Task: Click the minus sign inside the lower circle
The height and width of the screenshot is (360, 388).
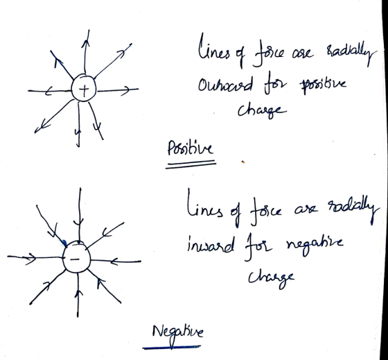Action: click(75, 259)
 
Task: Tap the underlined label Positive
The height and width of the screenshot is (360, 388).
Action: click(190, 148)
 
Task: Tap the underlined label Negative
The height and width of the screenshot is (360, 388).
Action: click(177, 333)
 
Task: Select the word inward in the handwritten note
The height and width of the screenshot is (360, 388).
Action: click(211, 246)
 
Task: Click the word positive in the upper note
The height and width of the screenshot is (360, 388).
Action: click(323, 85)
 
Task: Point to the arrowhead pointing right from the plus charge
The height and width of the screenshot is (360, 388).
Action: click(125, 90)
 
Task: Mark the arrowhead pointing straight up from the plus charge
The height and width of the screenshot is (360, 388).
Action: click(86, 44)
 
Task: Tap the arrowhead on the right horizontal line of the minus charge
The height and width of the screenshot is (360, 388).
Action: click(114, 262)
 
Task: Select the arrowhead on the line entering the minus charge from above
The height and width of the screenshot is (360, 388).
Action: click(79, 222)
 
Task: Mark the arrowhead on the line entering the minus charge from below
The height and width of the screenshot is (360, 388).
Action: click(78, 293)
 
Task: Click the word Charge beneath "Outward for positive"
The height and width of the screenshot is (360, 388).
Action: click(263, 112)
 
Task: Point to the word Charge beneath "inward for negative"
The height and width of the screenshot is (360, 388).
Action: click(272, 279)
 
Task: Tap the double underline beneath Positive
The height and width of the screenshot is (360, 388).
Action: click(191, 164)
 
